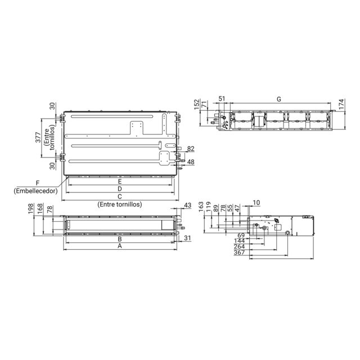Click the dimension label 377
point(38,137)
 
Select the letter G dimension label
point(279,99)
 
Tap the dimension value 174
point(341,103)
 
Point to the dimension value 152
point(197,105)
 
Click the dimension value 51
point(222,99)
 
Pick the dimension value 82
point(191,148)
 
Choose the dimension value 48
point(191,162)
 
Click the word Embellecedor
point(35,191)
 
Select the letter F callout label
point(38,183)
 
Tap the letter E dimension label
point(120,182)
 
